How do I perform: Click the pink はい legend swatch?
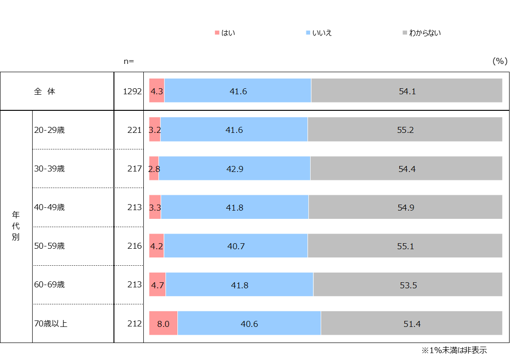(x=217, y=33)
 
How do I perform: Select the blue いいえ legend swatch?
(x=308, y=33)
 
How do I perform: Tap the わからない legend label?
(x=425, y=33)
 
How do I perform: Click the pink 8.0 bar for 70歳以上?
(x=163, y=323)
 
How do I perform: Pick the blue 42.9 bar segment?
(x=234, y=168)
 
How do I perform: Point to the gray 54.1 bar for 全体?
(x=407, y=91)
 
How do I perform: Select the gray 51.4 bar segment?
(x=412, y=323)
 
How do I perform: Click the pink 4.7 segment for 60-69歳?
(x=158, y=285)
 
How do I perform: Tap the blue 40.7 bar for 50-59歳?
(x=236, y=246)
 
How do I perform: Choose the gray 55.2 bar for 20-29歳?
(x=405, y=130)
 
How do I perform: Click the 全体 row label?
(x=45, y=91)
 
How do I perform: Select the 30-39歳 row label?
(x=50, y=169)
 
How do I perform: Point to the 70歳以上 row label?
(x=51, y=324)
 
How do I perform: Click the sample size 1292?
(x=132, y=91)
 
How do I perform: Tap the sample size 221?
(x=135, y=130)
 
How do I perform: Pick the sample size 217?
(x=135, y=169)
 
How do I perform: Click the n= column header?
(x=129, y=61)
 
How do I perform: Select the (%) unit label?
(x=500, y=61)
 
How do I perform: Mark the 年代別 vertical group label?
(x=16, y=226)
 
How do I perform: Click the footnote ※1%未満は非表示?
(x=454, y=350)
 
